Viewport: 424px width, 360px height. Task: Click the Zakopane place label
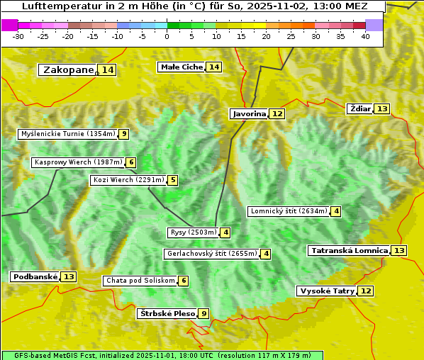point(68,69)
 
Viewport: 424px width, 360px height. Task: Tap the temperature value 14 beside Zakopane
point(108,69)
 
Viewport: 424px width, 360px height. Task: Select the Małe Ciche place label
point(182,67)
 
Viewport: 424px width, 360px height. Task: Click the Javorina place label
point(249,113)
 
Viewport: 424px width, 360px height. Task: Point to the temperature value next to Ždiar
point(382,108)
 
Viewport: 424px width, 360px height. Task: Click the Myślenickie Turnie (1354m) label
point(67,134)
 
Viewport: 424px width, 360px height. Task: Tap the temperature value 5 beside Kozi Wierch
point(172,180)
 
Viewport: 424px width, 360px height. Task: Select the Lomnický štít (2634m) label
point(289,211)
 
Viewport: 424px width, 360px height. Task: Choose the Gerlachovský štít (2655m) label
point(211,254)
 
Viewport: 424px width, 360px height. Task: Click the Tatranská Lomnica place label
point(350,250)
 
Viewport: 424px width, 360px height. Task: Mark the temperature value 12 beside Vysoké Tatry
point(365,291)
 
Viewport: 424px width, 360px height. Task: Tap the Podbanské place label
point(35,276)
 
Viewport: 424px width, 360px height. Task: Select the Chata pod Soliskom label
point(140,281)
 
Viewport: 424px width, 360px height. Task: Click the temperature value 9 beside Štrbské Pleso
point(204,313)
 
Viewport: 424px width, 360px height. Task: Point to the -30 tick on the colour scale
point(18,36)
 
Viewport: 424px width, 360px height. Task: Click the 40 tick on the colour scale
point(365,36)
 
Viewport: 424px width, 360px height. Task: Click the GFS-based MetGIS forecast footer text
point(162,355)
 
